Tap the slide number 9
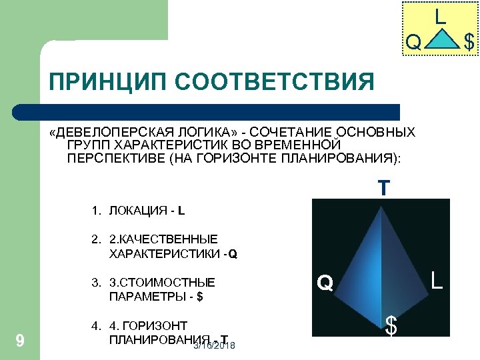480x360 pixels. [x=20, y=341]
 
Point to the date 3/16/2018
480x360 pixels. [x=215, y=347]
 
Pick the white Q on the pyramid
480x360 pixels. [x=325, y=284]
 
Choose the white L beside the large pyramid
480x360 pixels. [x=436, y=279]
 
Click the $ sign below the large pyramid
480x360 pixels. [x=392, y=327]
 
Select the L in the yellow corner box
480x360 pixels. [x=440, y=15]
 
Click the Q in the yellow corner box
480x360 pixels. [x=413, y=43]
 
